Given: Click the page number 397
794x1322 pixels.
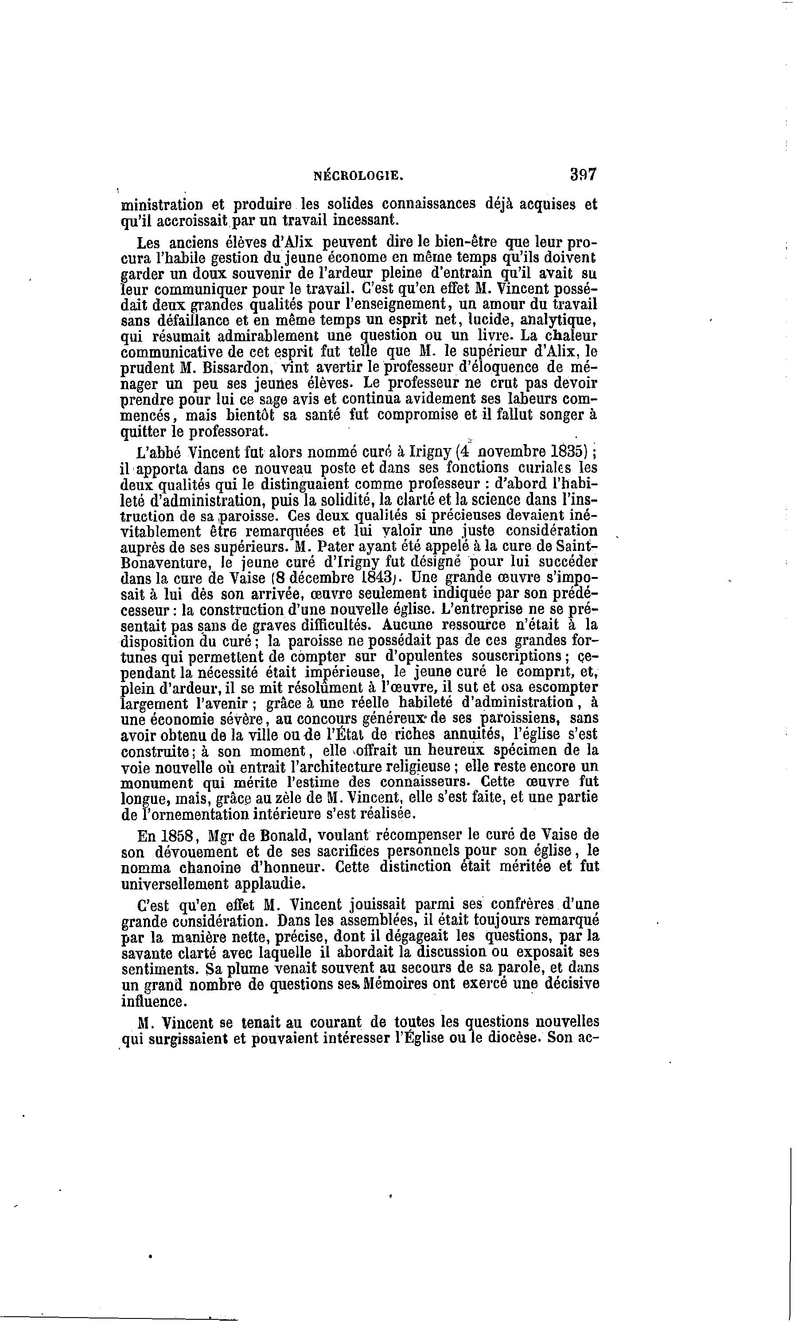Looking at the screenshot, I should (x=583, y=175).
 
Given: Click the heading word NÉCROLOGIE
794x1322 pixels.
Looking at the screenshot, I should (x=358, y=175).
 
